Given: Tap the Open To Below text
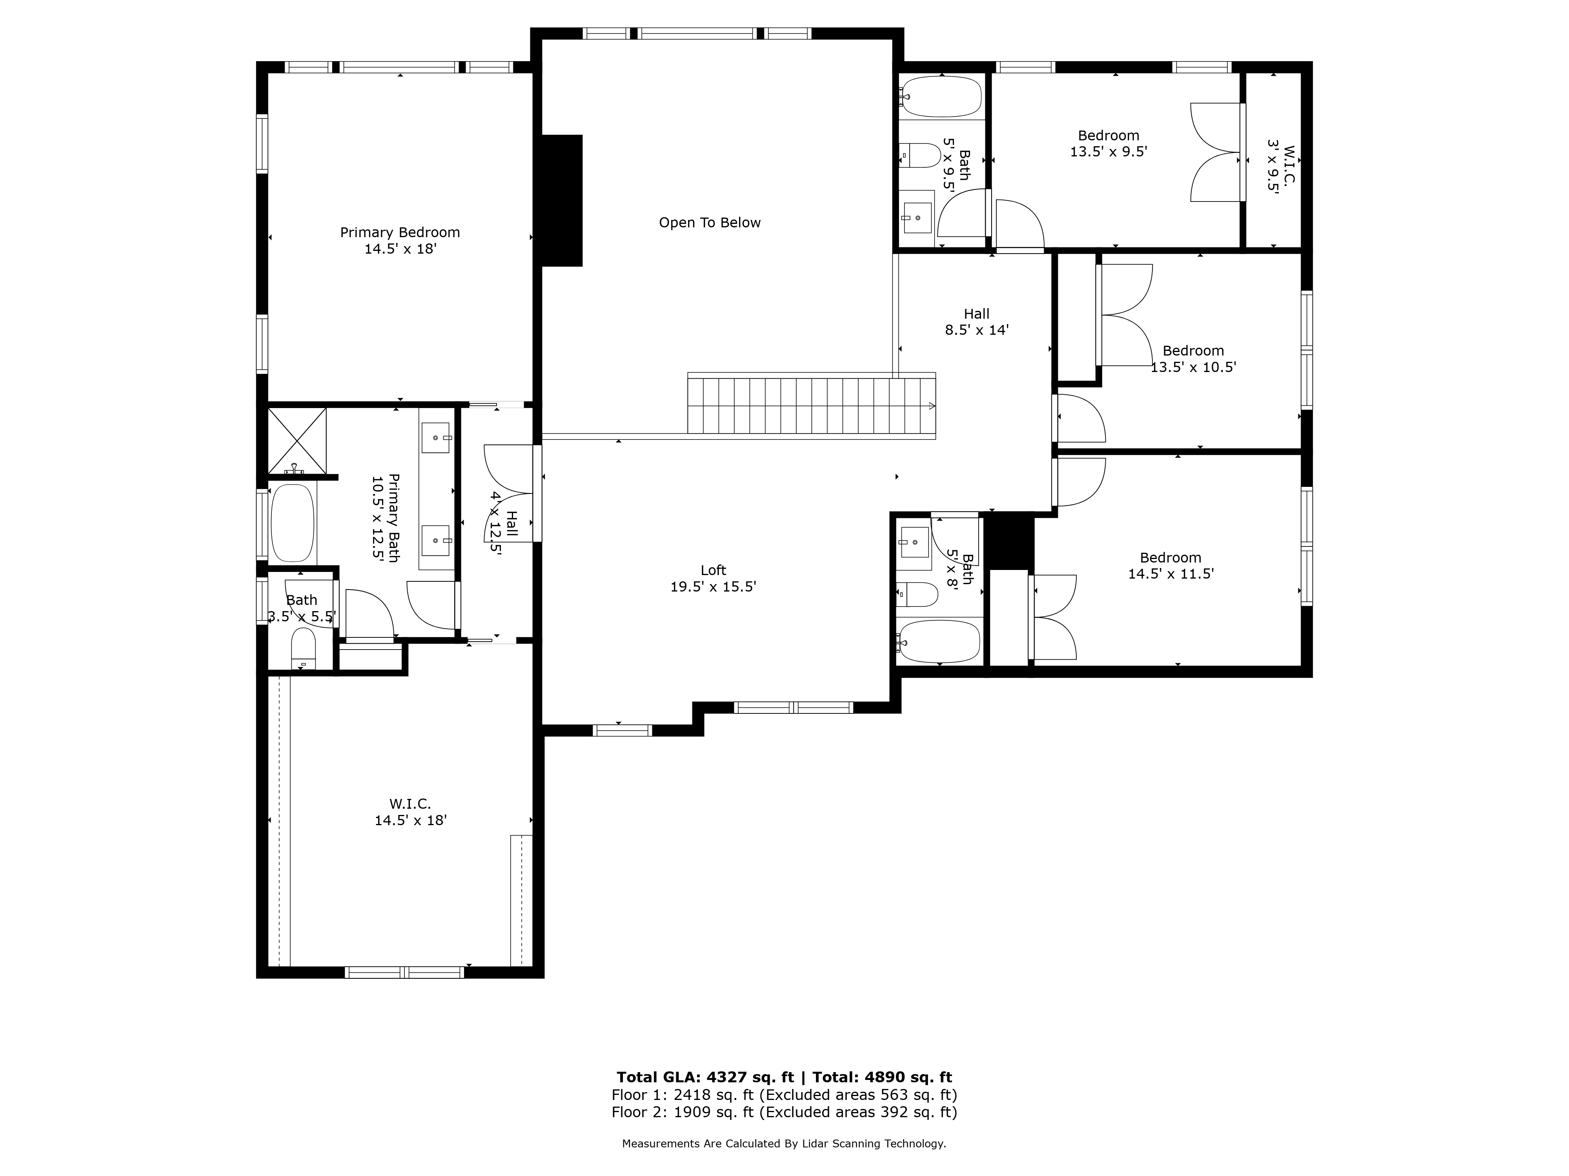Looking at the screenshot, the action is (709, 223).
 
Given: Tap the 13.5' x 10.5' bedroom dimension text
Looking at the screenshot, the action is (1194, 367).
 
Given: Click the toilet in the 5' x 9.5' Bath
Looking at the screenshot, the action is (919, 155).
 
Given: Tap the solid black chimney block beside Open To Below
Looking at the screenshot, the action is (562, 201).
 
